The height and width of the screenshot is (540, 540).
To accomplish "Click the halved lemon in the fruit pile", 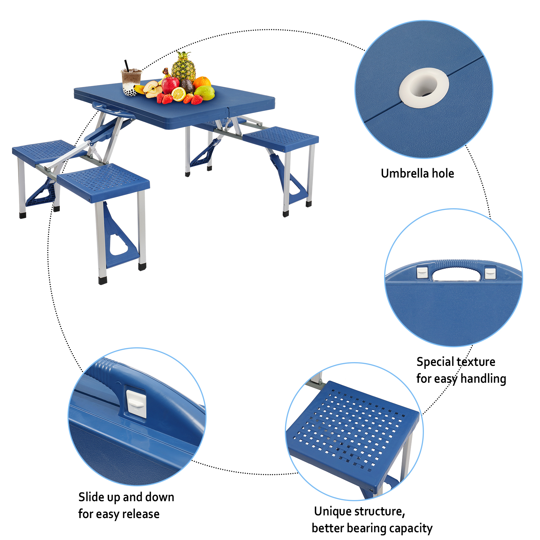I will click(x=179, y=94).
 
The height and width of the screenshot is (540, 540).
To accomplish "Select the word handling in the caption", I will click(x=483, y=379).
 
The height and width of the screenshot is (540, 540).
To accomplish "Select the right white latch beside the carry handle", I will click(x=490, y=273).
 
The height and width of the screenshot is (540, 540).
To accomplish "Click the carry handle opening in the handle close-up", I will click(x=456, y=275).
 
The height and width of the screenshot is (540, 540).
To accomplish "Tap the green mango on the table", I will click(x=205, y=93).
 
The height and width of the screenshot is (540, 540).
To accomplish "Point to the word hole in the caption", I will click(x=443, y=173).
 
